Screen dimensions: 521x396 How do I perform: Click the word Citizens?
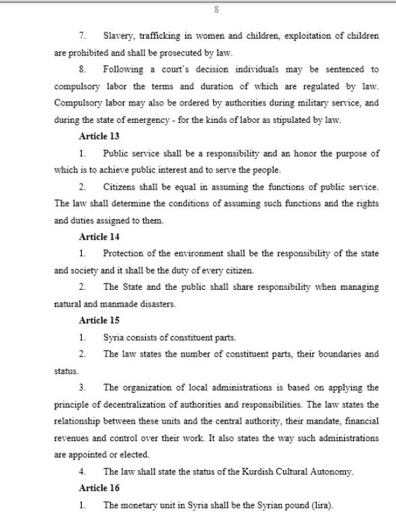tap(121, 187)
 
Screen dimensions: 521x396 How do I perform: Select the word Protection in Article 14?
tap(125, 254)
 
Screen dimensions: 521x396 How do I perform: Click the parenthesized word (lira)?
tap(320, 504)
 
